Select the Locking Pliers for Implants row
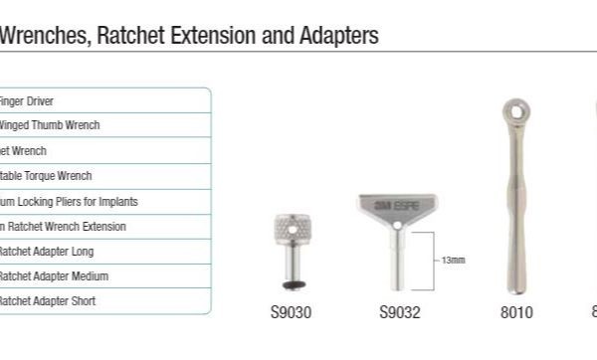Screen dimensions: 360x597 [69, 201]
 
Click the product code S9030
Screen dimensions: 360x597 [291, 312]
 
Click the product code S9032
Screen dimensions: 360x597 [400, 312]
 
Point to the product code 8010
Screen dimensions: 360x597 [515, 312]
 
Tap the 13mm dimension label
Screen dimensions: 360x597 [453, 260]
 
